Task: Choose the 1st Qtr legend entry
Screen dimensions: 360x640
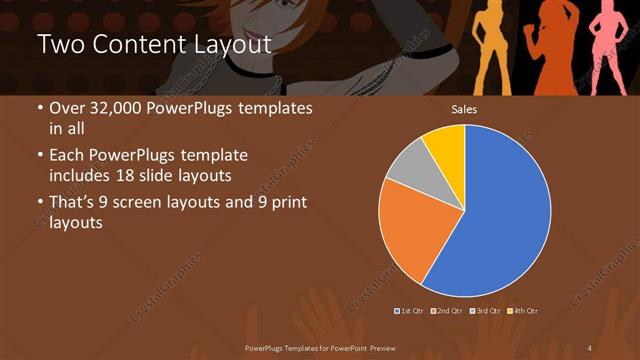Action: pos(411,311)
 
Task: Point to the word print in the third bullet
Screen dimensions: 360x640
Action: pos(287,204)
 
